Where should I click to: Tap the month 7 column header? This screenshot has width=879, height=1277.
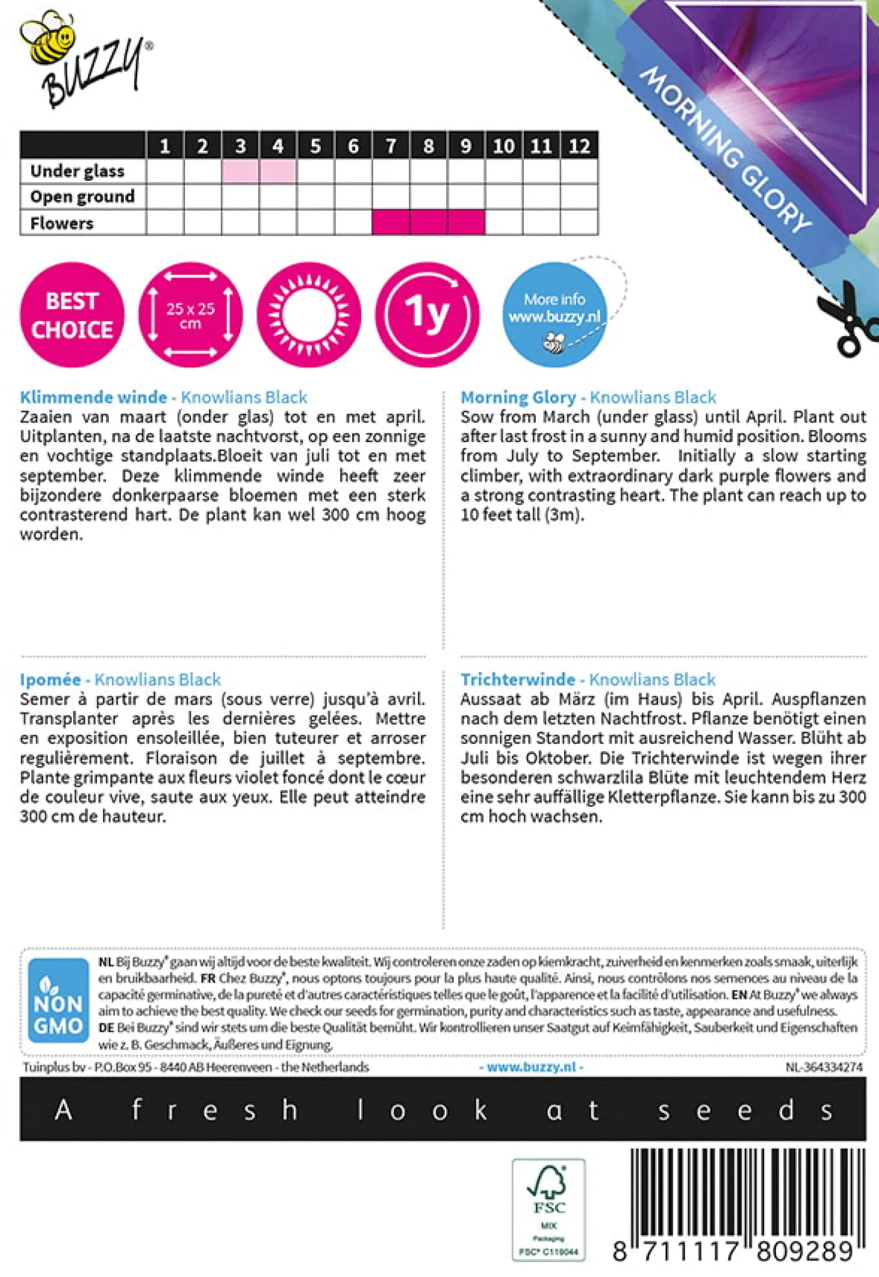click(391, 146)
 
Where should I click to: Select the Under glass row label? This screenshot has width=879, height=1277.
click(78, 172)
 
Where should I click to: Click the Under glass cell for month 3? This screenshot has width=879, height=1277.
click(240, 172)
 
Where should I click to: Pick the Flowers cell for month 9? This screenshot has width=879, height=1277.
click(466, 222)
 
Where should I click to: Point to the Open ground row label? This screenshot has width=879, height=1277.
click(82, 197)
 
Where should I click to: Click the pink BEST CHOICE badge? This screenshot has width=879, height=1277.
click(72, 315)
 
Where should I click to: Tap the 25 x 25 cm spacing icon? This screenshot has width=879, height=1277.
click(190, 315)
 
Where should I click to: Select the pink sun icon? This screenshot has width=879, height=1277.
click(309, 315)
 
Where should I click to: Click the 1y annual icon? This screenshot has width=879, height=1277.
click(427, 315)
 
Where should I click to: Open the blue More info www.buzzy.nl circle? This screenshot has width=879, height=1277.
click(554, 315)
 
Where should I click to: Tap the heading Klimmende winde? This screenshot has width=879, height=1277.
click(93, 398)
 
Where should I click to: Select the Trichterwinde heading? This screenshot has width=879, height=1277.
click(518, 679)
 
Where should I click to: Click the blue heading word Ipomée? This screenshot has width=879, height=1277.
click(50, 679)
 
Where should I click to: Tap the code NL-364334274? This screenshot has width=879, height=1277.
click(824, 1067)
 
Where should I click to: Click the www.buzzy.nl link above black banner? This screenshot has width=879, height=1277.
click(531, 1067)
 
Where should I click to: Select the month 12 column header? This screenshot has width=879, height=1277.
click(579, 146)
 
